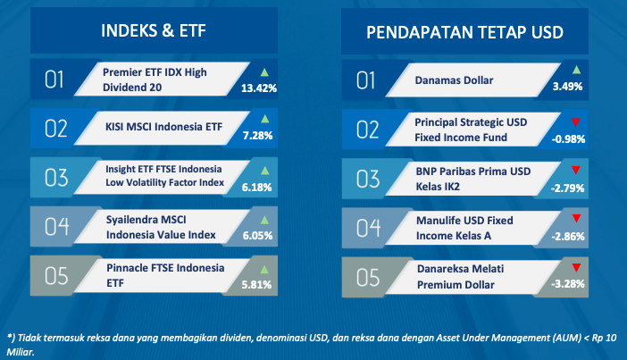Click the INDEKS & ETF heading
pyautogui.click(x=154, y=30)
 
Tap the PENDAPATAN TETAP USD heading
pyautogui.click(x=464, y=32)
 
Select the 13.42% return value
pyautogui.click(x=259, y=88)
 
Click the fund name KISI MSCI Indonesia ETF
pyautogui.click(x=163, y=127)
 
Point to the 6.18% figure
pyautogui.click(x=256, y=188)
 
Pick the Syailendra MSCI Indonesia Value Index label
pyautogui.click(x=161, y=227)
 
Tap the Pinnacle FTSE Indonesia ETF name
pyautogui.click(x=165, y=275)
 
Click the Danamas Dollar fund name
pyautogui.click(x=454, y=80)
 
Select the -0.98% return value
pyautogui.click(x=568, y=139)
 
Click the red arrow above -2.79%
pyautogui.click(x=576, y=170)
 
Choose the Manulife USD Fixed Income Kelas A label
pyautogui.click(x=464, y=228)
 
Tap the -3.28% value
pyautogui.click(x=568, y=284)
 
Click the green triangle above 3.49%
pyautogui.click(x=576, y=70)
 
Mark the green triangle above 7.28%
pyautogui.click(x=264, y=119)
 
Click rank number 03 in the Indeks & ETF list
pyautogui.click(x=56, y=178)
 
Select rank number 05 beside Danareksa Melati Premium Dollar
pyautogui.click(x=368, y=277)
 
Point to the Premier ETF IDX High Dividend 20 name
pyautogui.click(x=155, y=80)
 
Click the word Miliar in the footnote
pyautogui.click(x=20, y=352)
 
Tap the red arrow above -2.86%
pyautogui.click(x=576, y=218)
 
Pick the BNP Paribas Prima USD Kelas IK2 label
pyautogui.click(x=473, y=179)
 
